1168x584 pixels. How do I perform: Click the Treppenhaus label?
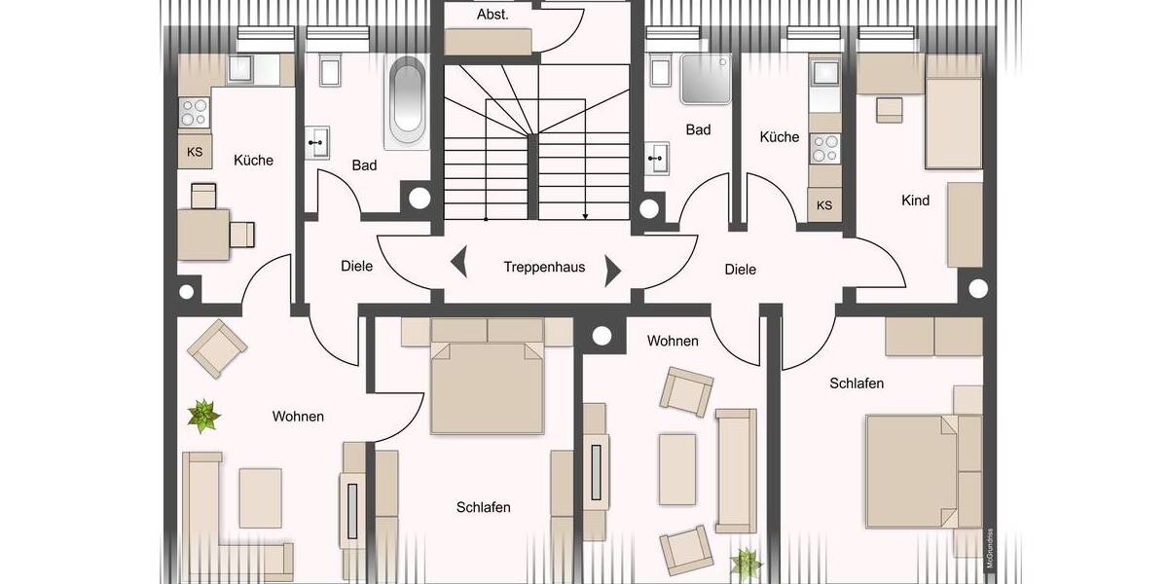[x=544, y=266]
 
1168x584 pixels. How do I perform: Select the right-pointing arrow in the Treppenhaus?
[x=613, y=270]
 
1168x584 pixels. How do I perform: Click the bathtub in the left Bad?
[x=407, y=102]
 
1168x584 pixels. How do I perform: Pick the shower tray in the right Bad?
[x=707, y=79]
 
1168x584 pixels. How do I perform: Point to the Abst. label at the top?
[x=492, y=15]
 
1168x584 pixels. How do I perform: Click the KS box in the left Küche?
[x=195, y=152]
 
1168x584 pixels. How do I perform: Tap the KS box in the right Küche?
[x=824, y=205]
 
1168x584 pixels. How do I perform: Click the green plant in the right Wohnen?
[x=747, y=563]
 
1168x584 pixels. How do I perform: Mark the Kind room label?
[x=915, y=201]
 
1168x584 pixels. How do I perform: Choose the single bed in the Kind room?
[x=952, y=123]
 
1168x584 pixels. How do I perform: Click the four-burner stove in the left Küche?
[x=195, y=113]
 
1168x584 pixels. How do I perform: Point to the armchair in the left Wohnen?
[x=217, y=347]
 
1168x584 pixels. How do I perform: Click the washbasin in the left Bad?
[x=317, y=143]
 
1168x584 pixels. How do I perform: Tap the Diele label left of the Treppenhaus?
[x=356, y=266]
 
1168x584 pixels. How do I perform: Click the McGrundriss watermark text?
[x=990, y=547]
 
